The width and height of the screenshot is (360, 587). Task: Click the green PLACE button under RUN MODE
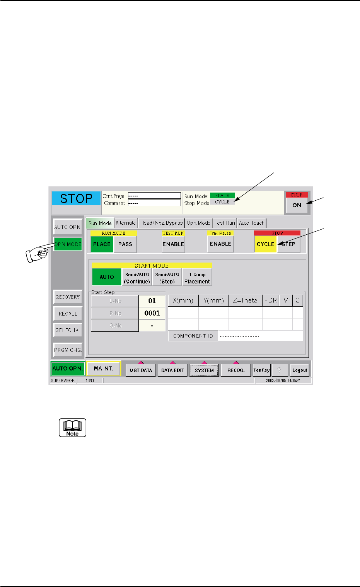pyautogui.click(x=102, y=244)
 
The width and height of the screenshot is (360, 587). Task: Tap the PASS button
pyautogui.click(x=125, y=244)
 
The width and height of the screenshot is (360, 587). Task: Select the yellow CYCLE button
pyautogui.click(x=266, y=244)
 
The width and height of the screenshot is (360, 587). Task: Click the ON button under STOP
pyautogui.click(x=297, y=205)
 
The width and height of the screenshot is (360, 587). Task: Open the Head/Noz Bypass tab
pyautogui.click(x=161, y=223)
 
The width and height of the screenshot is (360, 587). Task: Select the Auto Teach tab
pyautogui.click(x=252, y=223)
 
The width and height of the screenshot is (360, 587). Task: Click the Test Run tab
pyautogui.click(x=225, y=223)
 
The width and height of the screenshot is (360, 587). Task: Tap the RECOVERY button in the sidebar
pyautogui.click(x=68, y=297)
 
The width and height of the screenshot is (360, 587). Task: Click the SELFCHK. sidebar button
pyautogui.click(x=68, y=330)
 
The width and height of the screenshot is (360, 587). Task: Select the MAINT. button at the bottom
pyautogui.click(x=103, y=369)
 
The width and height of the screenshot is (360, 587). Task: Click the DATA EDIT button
pyautogui.click(x=172, y=370)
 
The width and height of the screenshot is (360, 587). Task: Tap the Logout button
pyautogui.click(x=300, y=370)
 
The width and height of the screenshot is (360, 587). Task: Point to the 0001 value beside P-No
pyautogui.click(x=152, y=313)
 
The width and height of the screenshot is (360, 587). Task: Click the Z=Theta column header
pyautogui.click(x=245, y=300)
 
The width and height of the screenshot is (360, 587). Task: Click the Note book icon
pyautogui.click(x=72, y=428)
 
